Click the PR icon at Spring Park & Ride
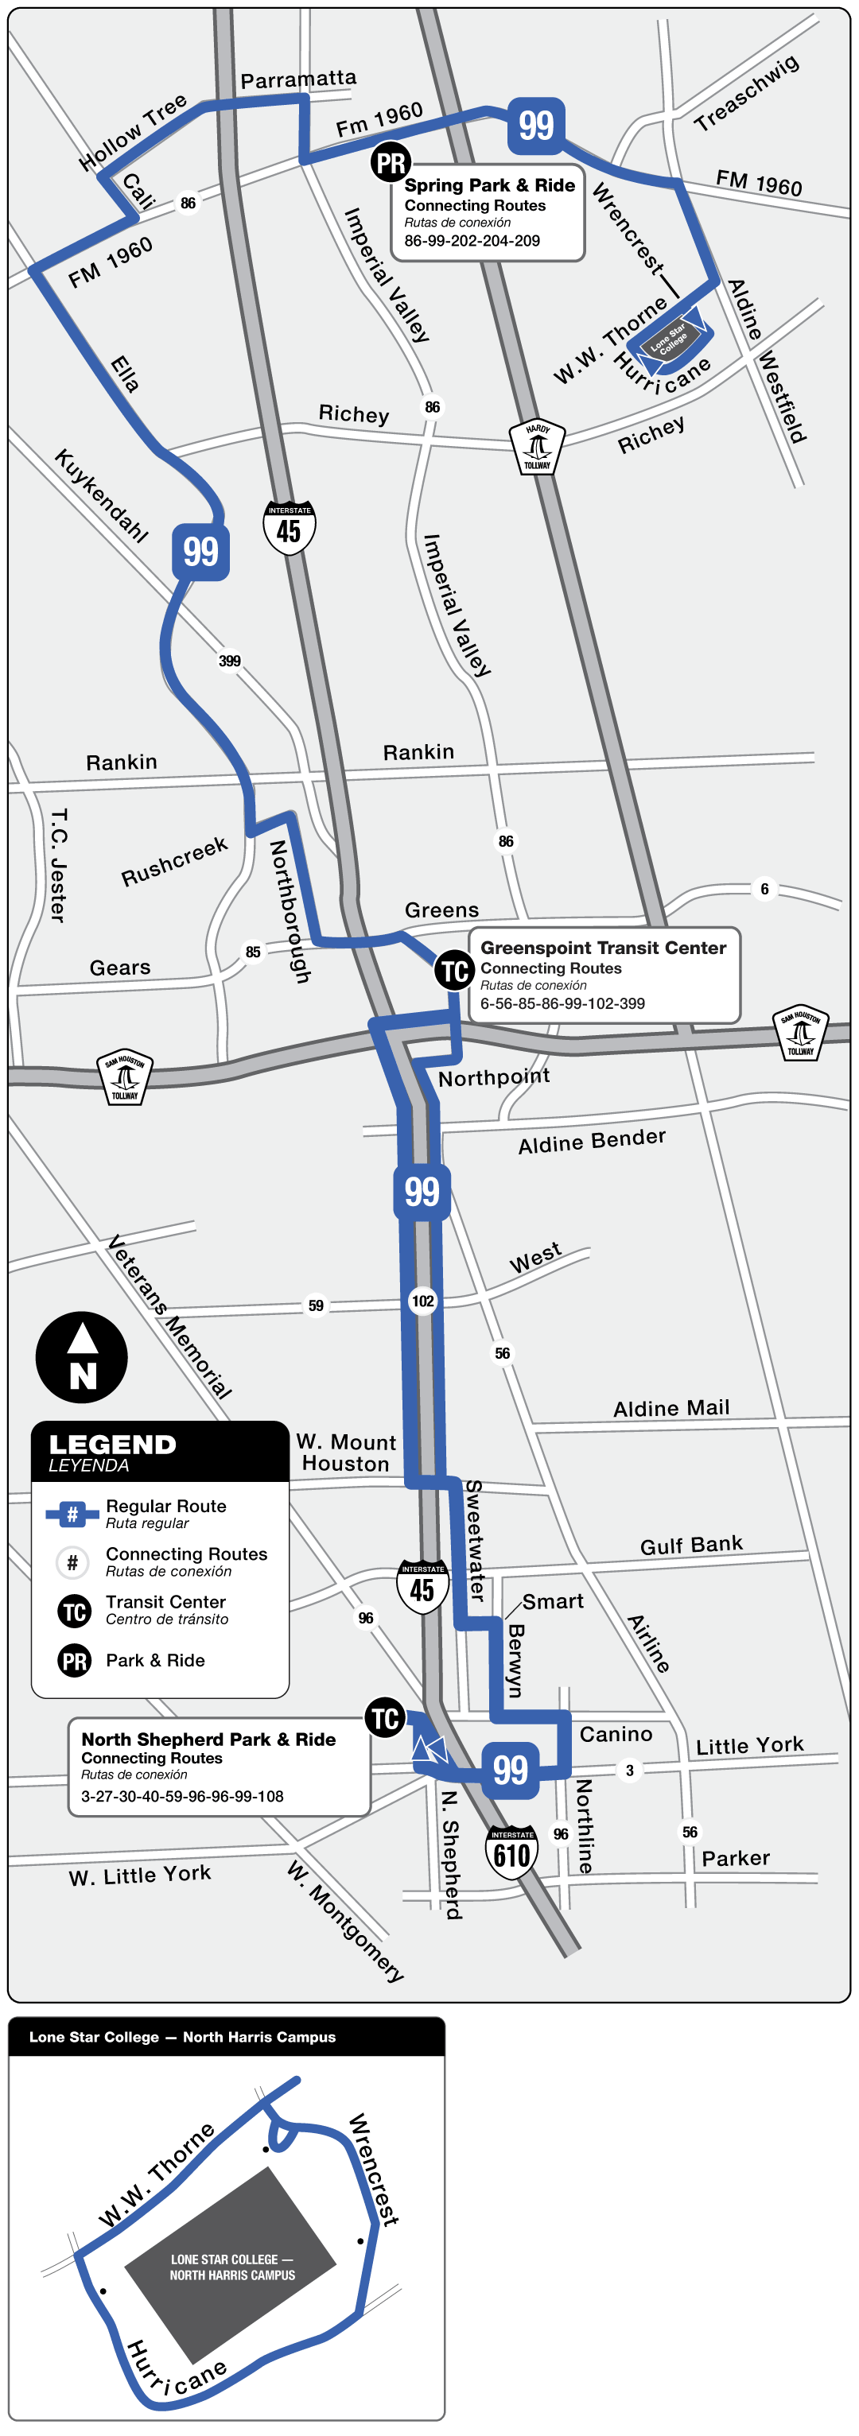(391, 163)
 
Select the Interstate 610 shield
(511, 1852)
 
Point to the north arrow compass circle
(81, 1357)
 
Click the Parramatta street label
(298, 80)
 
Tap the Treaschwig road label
(746, 93)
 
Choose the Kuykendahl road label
(101, 495)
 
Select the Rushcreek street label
(174, 862)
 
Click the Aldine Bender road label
(591, 1140)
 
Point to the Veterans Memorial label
(169, 1317)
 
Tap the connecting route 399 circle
(230, 661)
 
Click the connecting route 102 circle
(423, 1301)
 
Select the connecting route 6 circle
(764, 889)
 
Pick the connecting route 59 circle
(316, 1306)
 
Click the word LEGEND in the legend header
(113, 1445)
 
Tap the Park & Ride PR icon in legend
(75, 1661)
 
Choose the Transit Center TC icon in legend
(75, 1612)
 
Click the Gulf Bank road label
(690, 1546)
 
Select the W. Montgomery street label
(345, 1921)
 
